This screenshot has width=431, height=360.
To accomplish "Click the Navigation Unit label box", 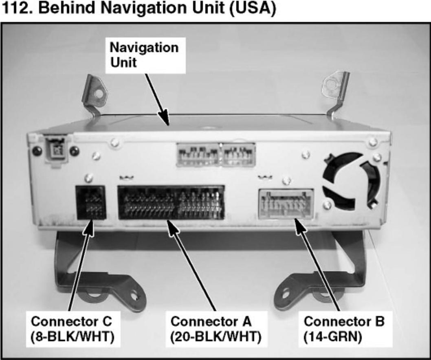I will coord(144,55).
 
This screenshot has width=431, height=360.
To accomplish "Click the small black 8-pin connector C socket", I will coord(90,202).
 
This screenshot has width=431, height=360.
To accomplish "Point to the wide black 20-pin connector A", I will coord(171,202).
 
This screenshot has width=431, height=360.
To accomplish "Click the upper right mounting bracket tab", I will coord(335,88).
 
